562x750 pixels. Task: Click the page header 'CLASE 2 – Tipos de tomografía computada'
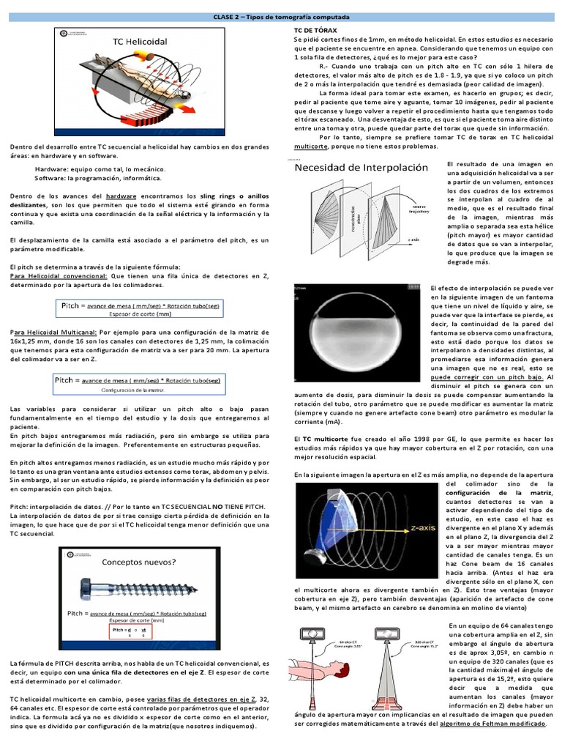[x=282, y=16]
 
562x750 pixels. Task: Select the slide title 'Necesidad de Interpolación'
[x=361, y=167]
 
